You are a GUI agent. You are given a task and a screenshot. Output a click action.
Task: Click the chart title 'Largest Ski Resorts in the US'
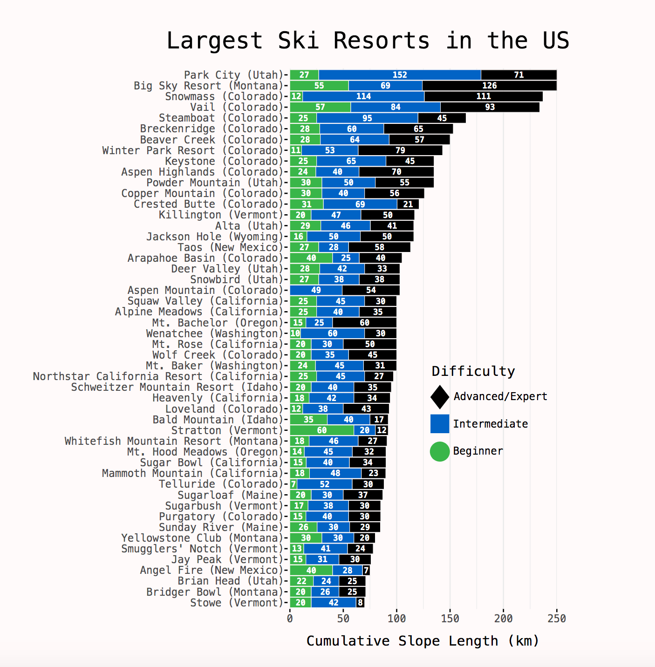coord(368,41)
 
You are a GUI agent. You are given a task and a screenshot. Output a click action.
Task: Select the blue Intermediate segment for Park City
coord(399,75)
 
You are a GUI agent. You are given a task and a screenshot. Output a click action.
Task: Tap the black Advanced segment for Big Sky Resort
coord(489,86)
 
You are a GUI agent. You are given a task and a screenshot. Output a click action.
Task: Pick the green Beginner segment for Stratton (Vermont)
coord(321,430)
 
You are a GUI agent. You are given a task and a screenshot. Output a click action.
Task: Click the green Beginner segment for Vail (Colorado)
coord(320,107)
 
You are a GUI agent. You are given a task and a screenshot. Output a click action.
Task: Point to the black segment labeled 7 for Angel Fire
coord(366,571)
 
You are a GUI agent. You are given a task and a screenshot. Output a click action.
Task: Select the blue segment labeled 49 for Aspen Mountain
coord(316,290)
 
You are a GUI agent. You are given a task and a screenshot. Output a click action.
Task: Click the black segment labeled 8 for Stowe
coord(360,603)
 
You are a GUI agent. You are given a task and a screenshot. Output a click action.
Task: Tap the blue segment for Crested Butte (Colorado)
coord(360,204)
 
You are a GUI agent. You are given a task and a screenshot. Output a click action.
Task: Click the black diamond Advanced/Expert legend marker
coord(440,397)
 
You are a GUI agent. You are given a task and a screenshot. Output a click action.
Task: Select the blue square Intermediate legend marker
coord(440,424)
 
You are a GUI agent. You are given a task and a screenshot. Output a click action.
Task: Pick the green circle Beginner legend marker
coord(440,451)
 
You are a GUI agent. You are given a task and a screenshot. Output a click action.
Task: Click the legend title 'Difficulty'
coord(473,371)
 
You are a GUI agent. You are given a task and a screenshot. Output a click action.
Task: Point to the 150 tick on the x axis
coord(450,619)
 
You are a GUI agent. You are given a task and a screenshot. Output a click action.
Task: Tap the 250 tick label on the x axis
coord(557,619)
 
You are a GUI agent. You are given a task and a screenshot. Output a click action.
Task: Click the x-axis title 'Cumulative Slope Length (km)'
coord(423,641)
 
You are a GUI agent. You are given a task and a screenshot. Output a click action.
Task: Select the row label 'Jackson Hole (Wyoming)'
coord(214,237)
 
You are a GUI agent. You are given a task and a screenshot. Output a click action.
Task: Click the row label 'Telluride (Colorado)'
coord(220,484)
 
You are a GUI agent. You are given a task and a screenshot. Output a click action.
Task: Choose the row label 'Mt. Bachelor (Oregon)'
coord(217,323)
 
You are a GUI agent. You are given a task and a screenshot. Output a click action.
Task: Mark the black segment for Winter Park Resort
coord(400,150)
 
